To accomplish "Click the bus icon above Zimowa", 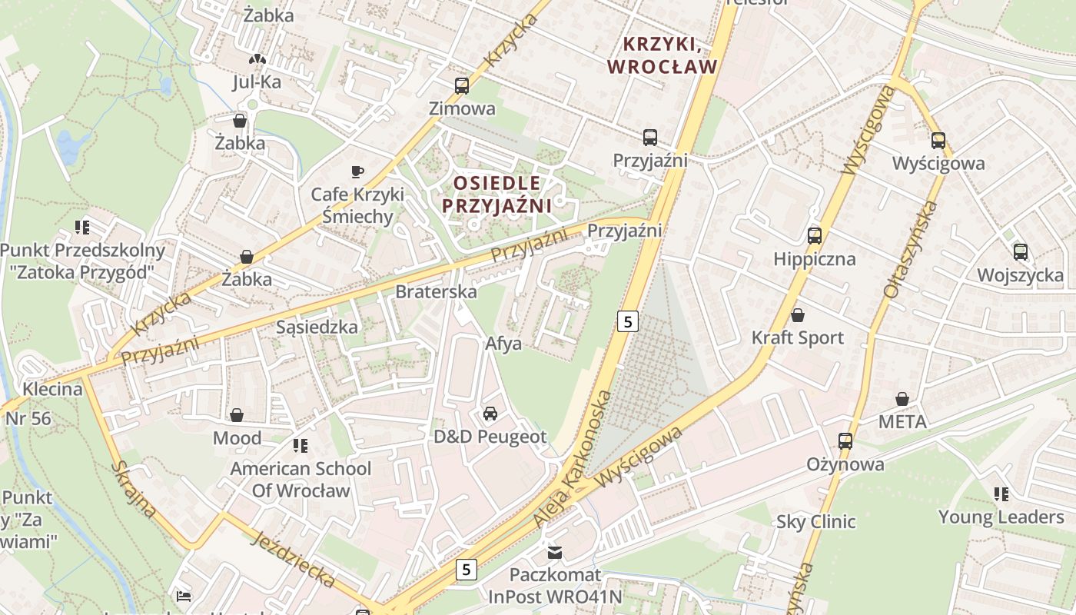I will coord(461,86).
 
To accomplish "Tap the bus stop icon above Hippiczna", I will coord(815,236).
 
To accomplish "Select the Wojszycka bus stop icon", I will coord(1021,252).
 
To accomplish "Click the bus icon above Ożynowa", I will coord(845,441).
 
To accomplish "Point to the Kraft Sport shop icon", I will coord(798,315).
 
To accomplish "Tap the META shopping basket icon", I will coord(902,399).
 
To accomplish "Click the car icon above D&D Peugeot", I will coord(490,414).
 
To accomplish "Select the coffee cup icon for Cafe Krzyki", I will coord(357,171).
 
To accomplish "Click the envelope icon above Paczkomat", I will coord(554,552).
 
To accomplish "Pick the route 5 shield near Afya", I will coord(628,321).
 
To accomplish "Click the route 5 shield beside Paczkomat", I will coord(466,570).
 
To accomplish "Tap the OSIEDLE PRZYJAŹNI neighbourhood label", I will coord(497,194).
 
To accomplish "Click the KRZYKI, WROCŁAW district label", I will coord(662,55).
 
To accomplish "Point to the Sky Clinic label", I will coord(815,522).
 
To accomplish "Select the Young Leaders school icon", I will coord(1001,494).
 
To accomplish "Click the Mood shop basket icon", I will coord(237,415).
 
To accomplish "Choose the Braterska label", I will coord(436,292).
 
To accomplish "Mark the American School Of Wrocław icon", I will coord(300,445).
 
